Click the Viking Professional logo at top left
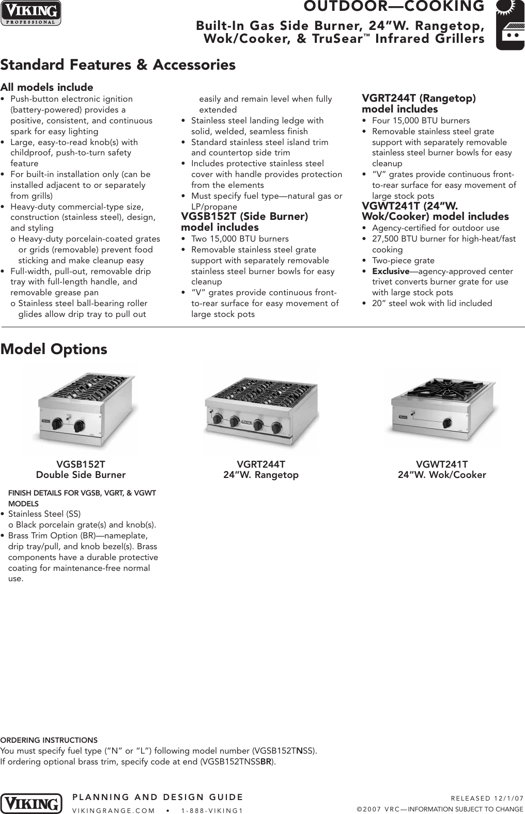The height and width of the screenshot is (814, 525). point(30,13)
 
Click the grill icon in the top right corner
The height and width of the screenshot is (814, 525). point(509,26)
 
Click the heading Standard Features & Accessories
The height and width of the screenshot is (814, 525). point(118,65)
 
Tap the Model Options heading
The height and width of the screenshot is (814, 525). point(54,349)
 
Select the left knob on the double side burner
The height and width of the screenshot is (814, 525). point(57,423)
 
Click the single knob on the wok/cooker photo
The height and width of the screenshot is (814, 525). point(446,420)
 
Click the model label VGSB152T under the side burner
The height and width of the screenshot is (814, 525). point(81,464)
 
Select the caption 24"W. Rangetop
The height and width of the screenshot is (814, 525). point(261,475)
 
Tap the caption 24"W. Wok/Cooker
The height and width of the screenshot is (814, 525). point(442,475)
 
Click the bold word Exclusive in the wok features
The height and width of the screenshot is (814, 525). point(391,272)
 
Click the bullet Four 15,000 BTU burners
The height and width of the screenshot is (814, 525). point(421,121)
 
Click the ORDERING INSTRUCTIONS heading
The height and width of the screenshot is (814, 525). point(49,740)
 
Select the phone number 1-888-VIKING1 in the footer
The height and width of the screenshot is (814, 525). point(212,810)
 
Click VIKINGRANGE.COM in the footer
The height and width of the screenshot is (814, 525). point(114,810)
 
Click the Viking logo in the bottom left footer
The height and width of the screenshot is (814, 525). point(31,803)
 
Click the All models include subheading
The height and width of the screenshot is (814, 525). point(47,87)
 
